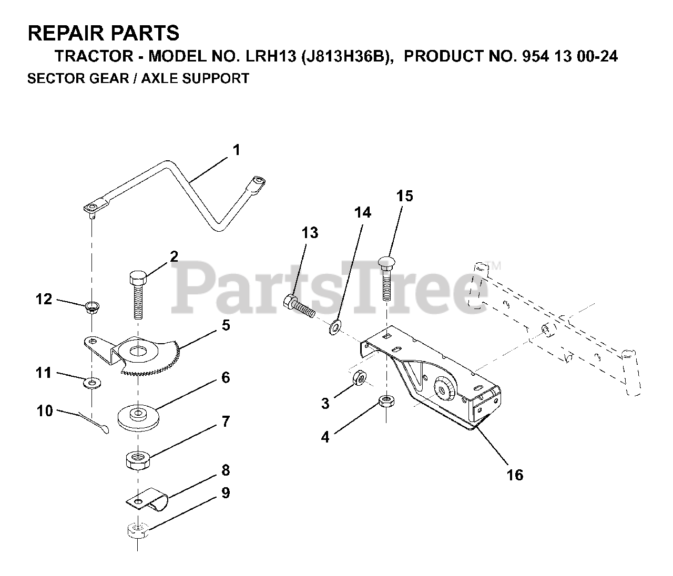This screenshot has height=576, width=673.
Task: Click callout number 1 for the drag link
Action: click(x=236, y=150)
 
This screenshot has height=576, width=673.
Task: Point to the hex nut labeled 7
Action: click(x=138, y=460)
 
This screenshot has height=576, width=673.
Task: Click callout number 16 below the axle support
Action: click(x=515, y=475)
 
